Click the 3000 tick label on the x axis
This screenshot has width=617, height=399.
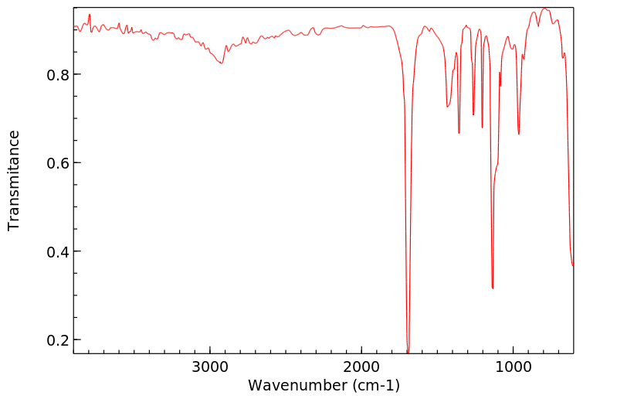click(210, 367)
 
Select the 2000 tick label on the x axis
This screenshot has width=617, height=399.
click(361, 367)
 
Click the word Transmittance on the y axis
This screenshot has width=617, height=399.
click(14, 180)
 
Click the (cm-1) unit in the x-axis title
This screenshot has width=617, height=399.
click(374, 385)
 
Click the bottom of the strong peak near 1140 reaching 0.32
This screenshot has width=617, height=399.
click(493, 288)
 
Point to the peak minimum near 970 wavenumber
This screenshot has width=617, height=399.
click(519, 134)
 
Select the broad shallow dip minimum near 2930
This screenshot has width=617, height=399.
click(222, 63)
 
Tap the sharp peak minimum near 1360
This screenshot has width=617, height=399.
click(459, 133)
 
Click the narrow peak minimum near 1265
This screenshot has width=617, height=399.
click(473, 114)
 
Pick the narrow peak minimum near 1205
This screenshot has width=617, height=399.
click(482, 128)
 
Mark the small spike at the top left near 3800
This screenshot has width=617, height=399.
click(90, 15)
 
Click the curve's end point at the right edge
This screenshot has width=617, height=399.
click(573, 266)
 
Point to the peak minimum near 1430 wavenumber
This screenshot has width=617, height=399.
click(448, 107)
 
